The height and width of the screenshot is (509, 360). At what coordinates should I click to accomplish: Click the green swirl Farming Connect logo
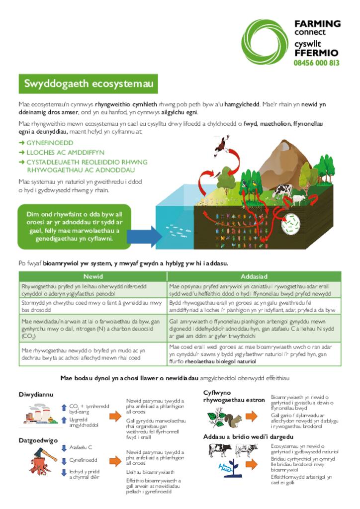coord(265,43)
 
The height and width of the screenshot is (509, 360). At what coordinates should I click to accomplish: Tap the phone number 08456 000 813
coord(317,63)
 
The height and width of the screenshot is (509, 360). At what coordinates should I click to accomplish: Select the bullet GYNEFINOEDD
coord(50,143)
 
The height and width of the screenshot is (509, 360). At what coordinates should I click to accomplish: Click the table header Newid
coord(92,276)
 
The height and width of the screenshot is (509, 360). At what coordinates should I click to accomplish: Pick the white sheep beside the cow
coord(298,200)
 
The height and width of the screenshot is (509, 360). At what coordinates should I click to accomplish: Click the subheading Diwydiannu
coord(36,394)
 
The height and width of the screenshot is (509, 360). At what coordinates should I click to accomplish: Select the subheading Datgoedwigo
coord(38,440)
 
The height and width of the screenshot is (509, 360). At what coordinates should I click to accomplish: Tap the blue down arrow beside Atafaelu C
coord(64,448)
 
